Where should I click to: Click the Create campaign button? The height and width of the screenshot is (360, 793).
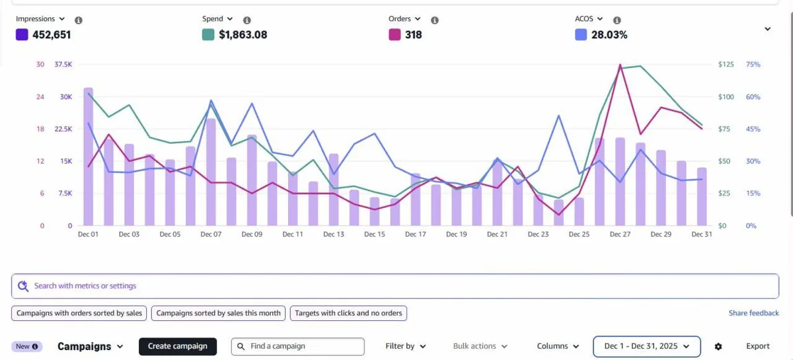178,346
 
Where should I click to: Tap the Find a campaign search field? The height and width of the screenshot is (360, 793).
298,346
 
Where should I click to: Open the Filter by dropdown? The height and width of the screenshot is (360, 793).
405,346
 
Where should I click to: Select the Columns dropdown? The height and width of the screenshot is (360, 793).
558,346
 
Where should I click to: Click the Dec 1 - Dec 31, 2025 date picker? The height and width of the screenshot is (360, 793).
647,346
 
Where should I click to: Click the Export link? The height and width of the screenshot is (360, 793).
757,346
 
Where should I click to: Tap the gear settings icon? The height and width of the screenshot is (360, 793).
718,347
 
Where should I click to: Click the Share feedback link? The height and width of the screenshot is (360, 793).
754,313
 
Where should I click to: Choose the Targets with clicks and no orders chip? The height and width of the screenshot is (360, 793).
348,313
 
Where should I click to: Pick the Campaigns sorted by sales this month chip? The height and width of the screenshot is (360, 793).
218,313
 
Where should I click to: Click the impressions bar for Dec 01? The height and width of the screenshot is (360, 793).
88,157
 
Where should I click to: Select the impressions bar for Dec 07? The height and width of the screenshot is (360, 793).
211,172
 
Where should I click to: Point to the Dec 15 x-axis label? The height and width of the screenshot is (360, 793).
375,234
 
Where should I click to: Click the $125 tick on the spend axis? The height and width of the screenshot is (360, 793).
726,65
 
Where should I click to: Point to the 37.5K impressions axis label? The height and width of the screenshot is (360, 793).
63,65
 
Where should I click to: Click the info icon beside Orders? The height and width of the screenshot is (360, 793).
435,20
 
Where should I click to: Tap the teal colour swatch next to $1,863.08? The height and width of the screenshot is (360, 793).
208,35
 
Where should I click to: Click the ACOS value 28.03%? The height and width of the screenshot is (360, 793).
609,35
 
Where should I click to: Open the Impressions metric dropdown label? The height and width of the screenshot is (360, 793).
40,18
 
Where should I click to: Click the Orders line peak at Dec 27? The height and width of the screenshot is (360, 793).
621,65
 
